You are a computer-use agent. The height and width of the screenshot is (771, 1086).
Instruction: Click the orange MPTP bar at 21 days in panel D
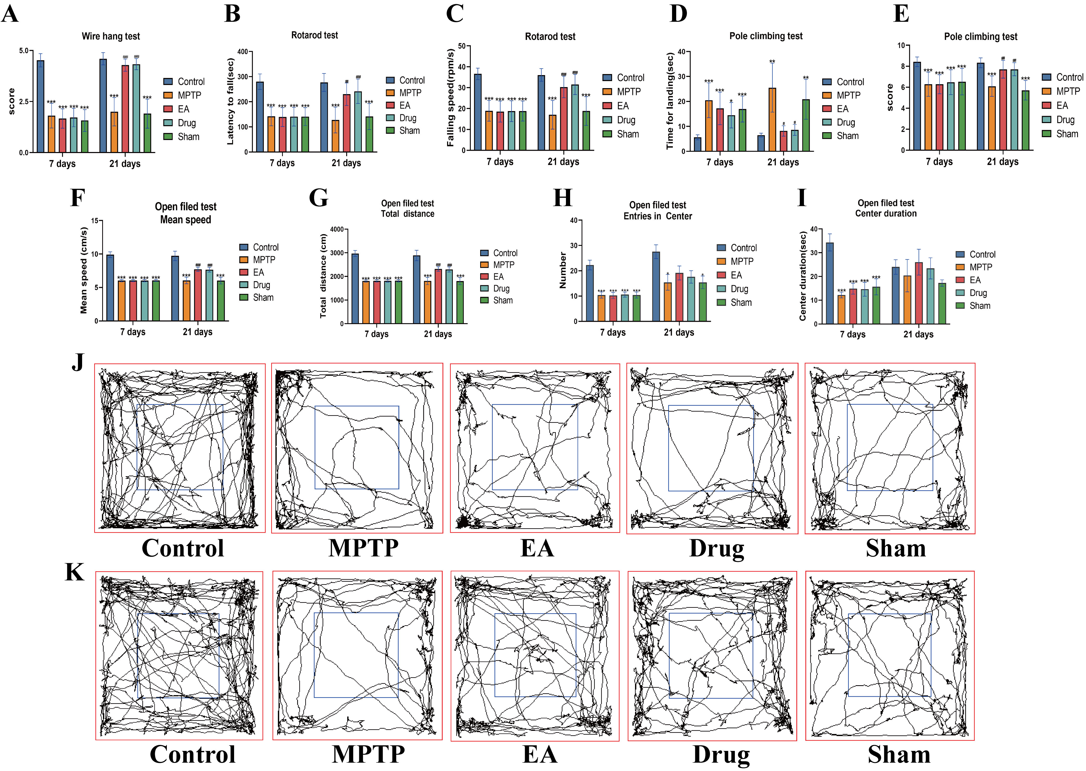click(772, 120)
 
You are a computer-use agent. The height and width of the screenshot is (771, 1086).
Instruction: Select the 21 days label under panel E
click(1003, 162)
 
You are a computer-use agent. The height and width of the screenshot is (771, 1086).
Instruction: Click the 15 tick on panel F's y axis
click(94, 221)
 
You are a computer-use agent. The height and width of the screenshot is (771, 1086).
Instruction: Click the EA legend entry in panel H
click(736, 275)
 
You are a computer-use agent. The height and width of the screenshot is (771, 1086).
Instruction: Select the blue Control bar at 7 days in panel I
click(830, 283)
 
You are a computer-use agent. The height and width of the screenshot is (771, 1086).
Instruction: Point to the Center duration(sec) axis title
click(803, 276)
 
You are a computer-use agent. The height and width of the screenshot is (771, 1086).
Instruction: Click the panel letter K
click(75, 572)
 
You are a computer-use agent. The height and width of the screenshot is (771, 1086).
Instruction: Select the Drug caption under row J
click(717, 548)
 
